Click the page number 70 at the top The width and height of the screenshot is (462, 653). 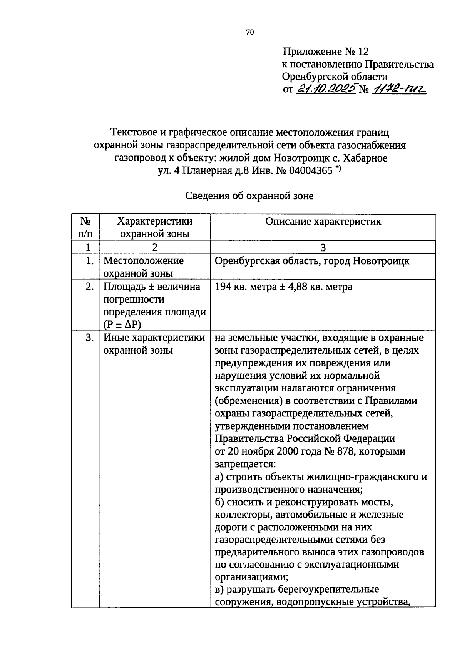(x=249, y=32)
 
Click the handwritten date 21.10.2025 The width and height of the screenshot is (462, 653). (x=326, y=89)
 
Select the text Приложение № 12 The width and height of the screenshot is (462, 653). (x=326, y=52)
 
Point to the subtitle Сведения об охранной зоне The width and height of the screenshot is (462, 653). (x=249, y=196)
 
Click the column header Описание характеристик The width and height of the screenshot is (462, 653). (x=323, y=222)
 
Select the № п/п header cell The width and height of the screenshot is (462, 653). (x=85, y=227)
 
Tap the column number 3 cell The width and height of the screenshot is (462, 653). (x=323, y=247)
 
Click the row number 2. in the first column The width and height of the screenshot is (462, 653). (x=89, y=287)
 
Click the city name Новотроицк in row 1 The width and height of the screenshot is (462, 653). (x=381, y=261)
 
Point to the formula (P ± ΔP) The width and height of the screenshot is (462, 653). (x=122, y=324)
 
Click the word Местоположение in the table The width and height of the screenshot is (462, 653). (x=144, y=261)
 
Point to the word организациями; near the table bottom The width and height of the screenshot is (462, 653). (x=252, y=577)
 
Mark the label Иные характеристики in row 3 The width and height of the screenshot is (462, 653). (x=154, y=338)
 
